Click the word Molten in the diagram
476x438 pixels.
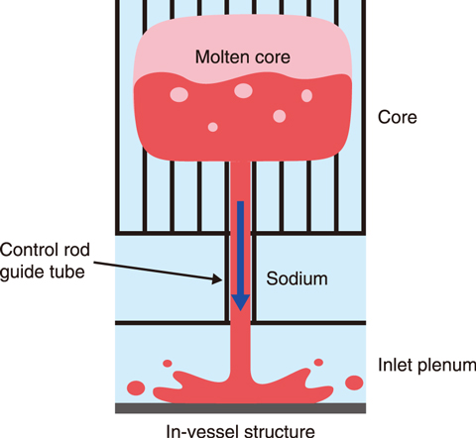coord(217,57)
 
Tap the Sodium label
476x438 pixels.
coord(297,278)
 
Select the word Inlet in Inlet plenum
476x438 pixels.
coord(395,365)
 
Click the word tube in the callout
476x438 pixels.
coord(67,272)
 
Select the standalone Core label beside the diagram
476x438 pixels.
coord(398,117)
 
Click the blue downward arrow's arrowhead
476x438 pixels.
coord(240,302)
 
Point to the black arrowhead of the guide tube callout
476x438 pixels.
coord(217,278)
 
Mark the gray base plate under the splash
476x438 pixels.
coord(240,408)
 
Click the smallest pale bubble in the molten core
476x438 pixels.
coord(213,127)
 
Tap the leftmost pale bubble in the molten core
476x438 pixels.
coord(179,94)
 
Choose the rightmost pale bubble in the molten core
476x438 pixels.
coord(306,96)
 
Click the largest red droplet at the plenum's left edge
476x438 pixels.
coord(136,387)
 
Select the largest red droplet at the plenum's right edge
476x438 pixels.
coord(354,383)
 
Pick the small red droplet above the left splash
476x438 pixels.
coord(168,364)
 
